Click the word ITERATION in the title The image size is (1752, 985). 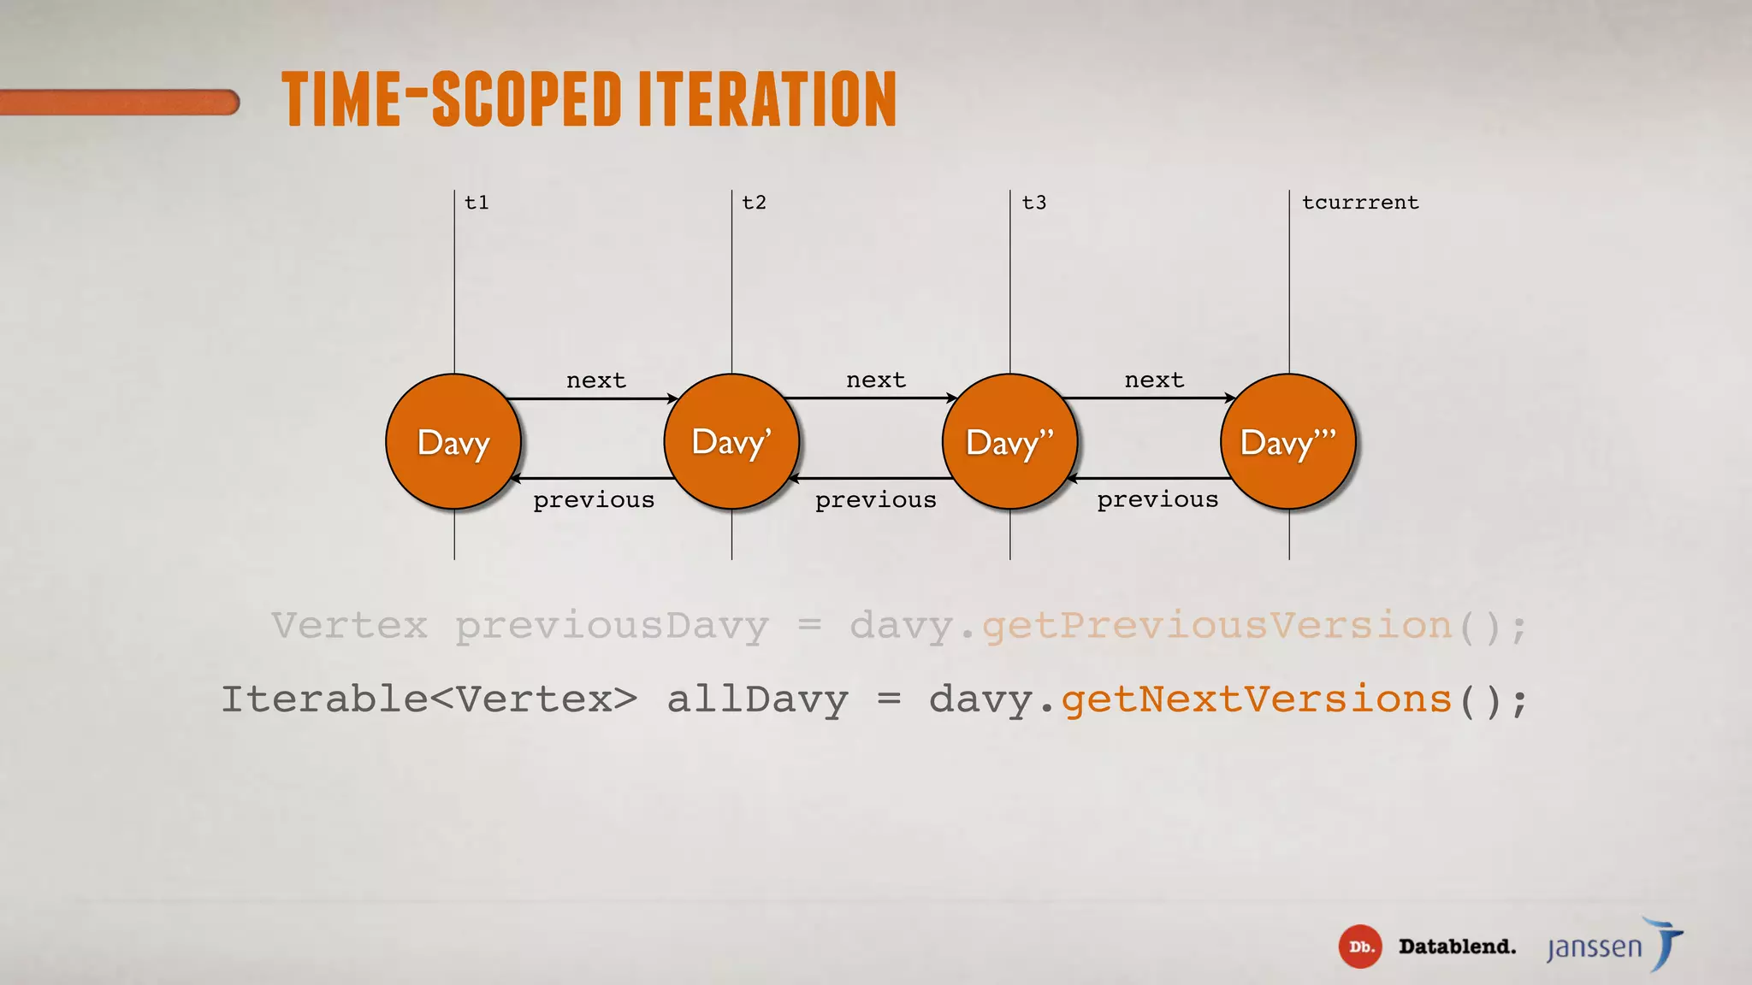tap(767, 99)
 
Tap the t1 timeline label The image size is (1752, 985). tap(476, 203)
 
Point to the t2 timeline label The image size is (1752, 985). tap(754, 203)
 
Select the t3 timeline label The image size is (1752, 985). tap(1033, 203)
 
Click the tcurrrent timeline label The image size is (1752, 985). tap(1360, 203)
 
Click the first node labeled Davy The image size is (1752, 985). tap(453, 442)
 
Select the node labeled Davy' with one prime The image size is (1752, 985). tap(731, 442)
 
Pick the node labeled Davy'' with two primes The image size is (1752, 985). tap(1009, 442)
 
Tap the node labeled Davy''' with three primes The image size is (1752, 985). tap(1288, 442)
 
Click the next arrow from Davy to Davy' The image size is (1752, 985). tap(592, 398)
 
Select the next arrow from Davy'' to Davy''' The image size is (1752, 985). tap(1149, 398)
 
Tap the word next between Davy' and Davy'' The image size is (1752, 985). tap(875, 380)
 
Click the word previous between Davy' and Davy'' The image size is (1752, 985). tap(875, 499)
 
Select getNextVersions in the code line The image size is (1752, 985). tap(1256, 699)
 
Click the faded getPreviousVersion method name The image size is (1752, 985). tap(1216, 626)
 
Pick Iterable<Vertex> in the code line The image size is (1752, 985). tap(429, 699)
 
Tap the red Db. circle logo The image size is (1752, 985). tap(1359, 947)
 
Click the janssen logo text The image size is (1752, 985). tap(1595, 947)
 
